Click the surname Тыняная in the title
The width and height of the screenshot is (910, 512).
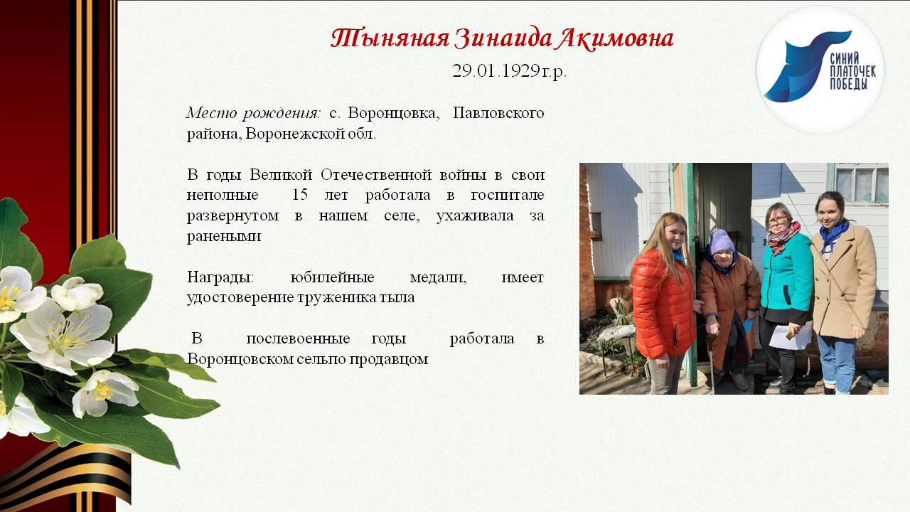pyautogui.click(x=390, y=38)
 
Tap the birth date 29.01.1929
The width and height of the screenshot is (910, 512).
pyautogui.click(x=496, y=71)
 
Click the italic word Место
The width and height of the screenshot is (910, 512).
pyautogui.click(x=210, y=113)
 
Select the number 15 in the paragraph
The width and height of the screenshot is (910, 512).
pyautogui.click(x=301, y=195)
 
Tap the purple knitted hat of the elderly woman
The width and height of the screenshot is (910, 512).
pyautogui.click(x=722, y=240)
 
